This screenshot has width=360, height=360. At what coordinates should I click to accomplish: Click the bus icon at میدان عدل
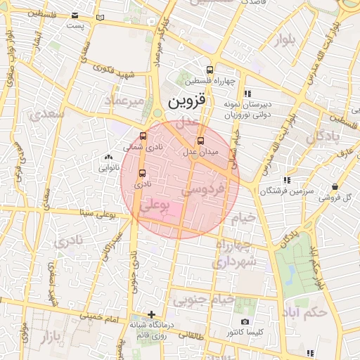click(201, 141)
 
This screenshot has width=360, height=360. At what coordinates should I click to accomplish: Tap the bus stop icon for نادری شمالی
click(143, 136)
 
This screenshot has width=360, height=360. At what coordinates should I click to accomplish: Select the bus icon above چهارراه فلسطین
click(210, 70)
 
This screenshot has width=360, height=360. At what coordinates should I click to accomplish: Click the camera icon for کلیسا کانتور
click(245, 322)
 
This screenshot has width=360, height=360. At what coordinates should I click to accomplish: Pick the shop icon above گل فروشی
click(335, 187)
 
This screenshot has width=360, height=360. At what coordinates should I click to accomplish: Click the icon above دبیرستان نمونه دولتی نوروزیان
click(247, 93)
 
